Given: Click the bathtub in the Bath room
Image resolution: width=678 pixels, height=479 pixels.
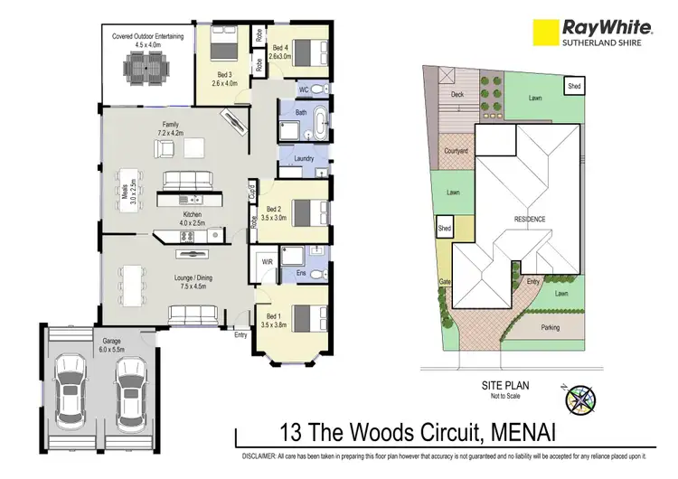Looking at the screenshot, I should click(321, 120).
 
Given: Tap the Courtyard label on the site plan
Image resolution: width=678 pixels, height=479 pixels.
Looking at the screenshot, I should click(455, 151).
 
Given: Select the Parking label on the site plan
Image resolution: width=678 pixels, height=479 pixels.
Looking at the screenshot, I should click(550, 327).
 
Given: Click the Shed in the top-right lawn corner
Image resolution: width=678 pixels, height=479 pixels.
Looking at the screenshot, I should click(574, 86).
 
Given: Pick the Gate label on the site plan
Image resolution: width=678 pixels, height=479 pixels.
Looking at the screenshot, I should click(445, 282).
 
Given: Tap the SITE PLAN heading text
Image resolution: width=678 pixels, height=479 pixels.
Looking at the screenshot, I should click(504, 384).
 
